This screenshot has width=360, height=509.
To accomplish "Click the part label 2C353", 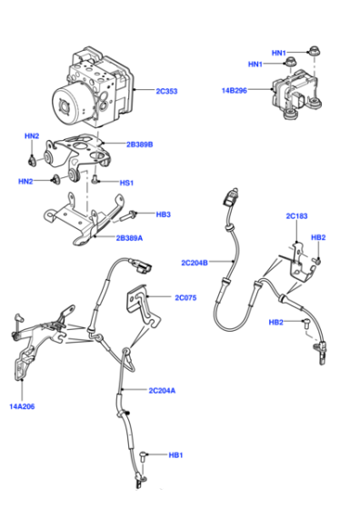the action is tap(166, 91).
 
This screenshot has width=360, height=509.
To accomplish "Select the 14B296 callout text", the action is tap(234, 91).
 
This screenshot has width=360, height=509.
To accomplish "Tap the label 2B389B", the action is tap(140, 145).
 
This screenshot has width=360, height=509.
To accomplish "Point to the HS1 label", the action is tap(126, 183).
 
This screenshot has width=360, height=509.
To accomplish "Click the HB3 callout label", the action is tap(164, 215).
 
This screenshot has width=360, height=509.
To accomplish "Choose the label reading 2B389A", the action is tap(129, 238).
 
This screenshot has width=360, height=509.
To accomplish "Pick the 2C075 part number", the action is tap(185, 298).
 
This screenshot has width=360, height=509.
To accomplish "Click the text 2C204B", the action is tap(195, 263).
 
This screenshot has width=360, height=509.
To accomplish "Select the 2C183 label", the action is tap(296, 216).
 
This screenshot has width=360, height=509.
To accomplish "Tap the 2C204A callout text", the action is tap(162, 390).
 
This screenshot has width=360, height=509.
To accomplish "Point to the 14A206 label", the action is tap(22, 406).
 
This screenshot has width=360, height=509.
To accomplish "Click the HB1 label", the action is tap(175, 455).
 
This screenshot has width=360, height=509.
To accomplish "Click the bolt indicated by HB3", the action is tap(129, 215).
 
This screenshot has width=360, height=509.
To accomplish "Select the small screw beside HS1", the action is tap(95, 178).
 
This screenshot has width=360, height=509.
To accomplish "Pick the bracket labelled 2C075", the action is tap(142, 305).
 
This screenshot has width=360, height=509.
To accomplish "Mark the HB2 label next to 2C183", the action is tap(318, 237).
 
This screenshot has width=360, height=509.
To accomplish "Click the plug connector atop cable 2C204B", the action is tap(231, 196).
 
